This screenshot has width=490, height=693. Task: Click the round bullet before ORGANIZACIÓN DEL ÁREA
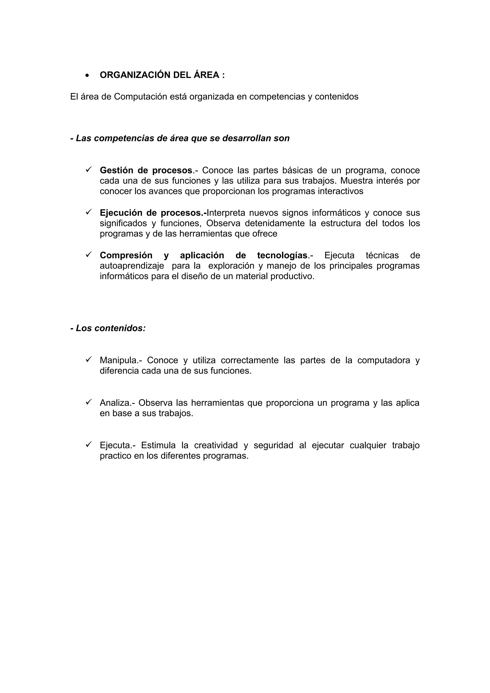click(87, 76)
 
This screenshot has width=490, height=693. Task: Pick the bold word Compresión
click(126, 255)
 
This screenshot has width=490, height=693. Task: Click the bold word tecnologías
click(282, 255)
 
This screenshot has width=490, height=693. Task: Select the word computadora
click(384, 360)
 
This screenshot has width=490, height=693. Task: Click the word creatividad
click(216, 445)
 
